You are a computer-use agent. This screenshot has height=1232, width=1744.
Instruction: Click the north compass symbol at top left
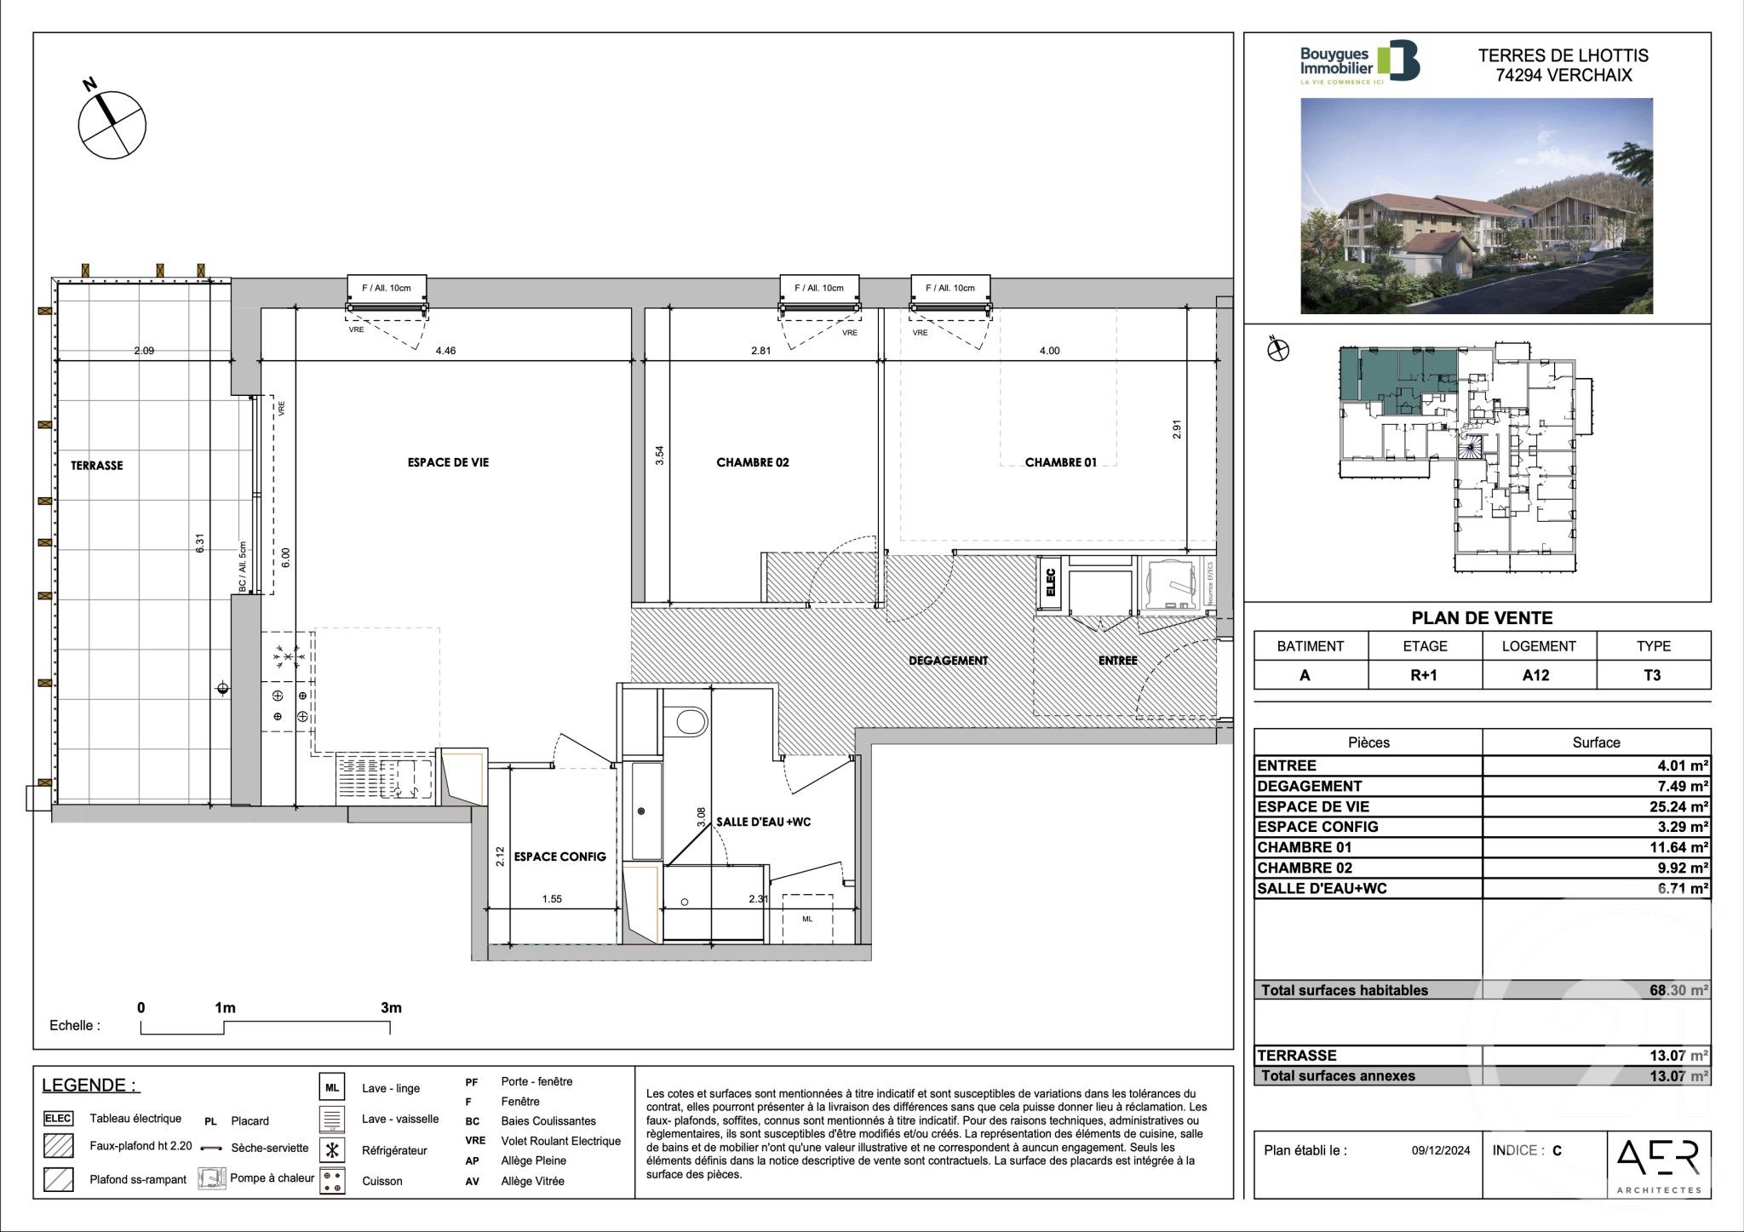pyautogui.click(x=112, y=124)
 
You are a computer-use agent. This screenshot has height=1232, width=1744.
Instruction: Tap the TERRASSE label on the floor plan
pyautogui.click(x=96, y=466)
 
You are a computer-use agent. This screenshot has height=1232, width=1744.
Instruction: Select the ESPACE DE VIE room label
pyautogui.click(x=448, y=462)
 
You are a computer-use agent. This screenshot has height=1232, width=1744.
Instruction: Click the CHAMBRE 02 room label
pyautogui.click(x=752, y=462)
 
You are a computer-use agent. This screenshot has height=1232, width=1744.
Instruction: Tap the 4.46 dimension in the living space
pyautogui.click(x=445, y=350)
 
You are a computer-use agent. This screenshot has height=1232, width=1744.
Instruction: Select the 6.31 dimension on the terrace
pyautogui.click(x=200, y=543)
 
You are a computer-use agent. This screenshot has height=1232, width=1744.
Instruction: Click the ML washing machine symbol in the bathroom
pyautogui.click(x=806, y=919)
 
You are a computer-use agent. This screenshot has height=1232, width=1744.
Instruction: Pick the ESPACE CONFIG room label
pyautogui.click(x=559, y=857)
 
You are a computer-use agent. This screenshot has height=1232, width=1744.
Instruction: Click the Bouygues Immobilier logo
pyautogui.click(x=1358, y=63)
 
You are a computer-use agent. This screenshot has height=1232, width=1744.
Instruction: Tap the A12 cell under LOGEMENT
pyautogui.click(x=1538, y=675)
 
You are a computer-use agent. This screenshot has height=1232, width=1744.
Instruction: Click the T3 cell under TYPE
pyautogui.click(x=1652, y=675)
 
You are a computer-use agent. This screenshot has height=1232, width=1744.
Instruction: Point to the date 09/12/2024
pyautogui.click(x=1440, y=1151)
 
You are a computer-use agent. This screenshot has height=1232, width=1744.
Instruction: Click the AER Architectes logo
pyautogui.click(x=1657, y=1163)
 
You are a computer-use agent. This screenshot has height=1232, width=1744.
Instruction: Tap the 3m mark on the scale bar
pyautogui.click(x=390, y=1008)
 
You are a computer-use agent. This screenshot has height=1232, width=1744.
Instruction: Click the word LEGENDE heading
pyautogui.click(x=89, y=1086)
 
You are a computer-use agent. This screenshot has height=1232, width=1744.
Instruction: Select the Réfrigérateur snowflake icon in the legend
pyautogui.click(x=332, y=1150)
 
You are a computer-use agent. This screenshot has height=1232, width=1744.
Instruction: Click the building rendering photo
pyautogui.click(x=1476, y=206)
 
